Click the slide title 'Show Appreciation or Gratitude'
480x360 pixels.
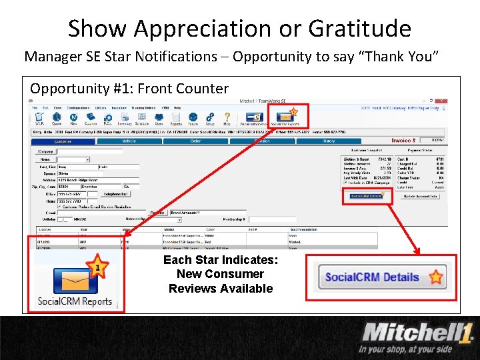click(x=239, y=28)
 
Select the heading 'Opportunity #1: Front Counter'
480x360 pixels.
click(x=129, y=89)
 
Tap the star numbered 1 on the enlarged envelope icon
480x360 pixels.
click(x=97, y=269)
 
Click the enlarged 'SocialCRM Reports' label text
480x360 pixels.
click(x=75, y=301)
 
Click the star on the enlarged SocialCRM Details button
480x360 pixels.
click(x=435, y=277)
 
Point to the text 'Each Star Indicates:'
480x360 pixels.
click(x=221, y=260)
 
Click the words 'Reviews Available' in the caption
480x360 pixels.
click(x=221, y=289)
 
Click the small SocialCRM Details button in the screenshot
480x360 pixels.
click(x=365, y=196)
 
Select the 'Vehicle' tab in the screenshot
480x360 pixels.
click(x=129, y=141)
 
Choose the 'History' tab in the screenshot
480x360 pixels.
click(x=329, y=141)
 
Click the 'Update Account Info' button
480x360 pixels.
click(x=420, y=196)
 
